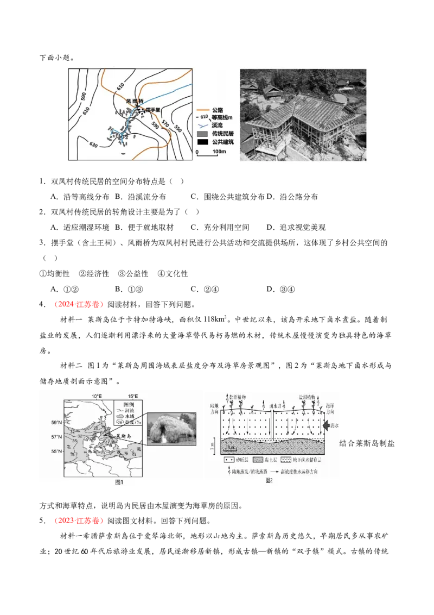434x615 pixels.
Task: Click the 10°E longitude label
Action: pos(98,395)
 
